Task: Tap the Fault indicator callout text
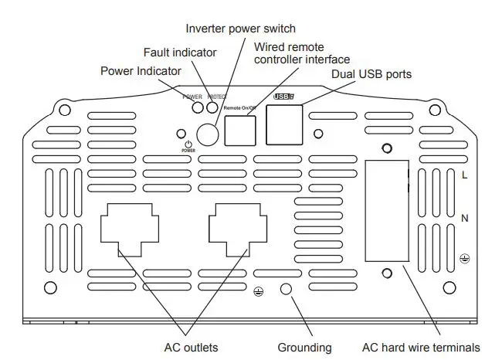pos(180,53)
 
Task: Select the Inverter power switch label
pos(240,29)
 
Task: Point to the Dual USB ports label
pos(371,74)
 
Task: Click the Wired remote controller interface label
pos(302,53)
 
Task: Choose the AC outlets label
pos(191,347)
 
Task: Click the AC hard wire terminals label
pos(420,347)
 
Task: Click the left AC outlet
pos(129,229)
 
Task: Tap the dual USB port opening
pos(284,124)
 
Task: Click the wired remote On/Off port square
pos(240,130)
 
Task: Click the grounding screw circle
pos(286,288)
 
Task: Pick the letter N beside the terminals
pos(464,219)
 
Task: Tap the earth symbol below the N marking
pos(464,258)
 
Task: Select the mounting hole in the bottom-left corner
pos(50,288)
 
